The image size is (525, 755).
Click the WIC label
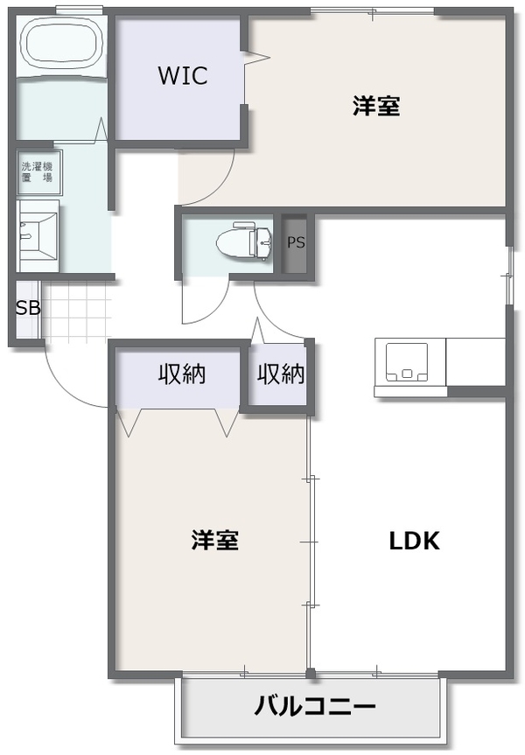(x=183, y=75)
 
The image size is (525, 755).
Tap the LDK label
(x=414, y=541)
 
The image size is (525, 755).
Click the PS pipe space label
(x=296, y=242)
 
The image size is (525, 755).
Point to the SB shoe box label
(x=28, y=308)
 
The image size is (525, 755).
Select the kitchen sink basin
(x=407, y=361)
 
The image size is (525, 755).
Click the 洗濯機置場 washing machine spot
(x=38, y=171)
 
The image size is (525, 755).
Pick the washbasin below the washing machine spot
(x=38, y=235)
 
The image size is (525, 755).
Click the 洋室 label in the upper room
(x=376, y=106)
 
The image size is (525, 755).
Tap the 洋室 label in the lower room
(x=215, y=541)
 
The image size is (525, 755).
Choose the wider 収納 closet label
(x=182, y=374)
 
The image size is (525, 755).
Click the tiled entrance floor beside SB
(x=77, y=311)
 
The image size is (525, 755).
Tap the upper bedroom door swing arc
(x=216, y=189)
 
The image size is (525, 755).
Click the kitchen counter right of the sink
(x=475, y=361)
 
